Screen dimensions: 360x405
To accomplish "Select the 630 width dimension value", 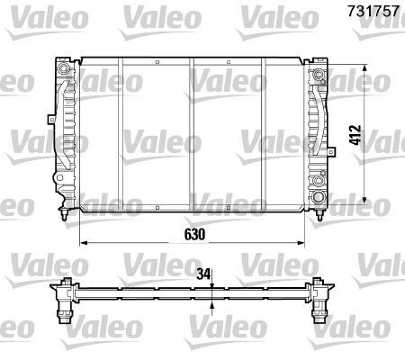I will coord(195,232).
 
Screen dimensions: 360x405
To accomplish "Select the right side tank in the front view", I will coord(318,135).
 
